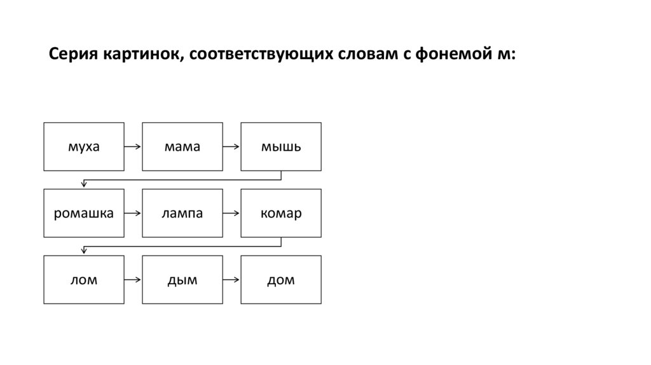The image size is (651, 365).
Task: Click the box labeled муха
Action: pos(84,147)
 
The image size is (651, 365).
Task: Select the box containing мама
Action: pos(182,147)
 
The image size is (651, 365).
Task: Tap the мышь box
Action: pos(281,147)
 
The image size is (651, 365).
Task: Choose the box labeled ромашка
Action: pos(84,213)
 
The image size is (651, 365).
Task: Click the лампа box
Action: pos(182,213)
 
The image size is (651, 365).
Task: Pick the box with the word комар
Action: pos(281,213)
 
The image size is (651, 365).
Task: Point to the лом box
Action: pos(84,279)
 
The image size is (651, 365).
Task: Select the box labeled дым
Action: pos(182,279)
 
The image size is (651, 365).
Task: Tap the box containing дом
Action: pos(281,279)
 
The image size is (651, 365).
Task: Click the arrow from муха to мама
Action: pos(133,147)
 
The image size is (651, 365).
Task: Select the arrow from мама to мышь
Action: pos(231,147)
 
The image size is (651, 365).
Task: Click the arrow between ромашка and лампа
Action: pos(133,213)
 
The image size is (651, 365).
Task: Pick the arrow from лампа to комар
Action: pos(231,213)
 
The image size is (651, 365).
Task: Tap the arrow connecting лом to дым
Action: pos(133,279)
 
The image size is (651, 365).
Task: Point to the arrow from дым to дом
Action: pos(231,279)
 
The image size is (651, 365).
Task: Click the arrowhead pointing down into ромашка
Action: pos(84,185)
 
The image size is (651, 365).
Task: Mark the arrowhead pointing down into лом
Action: pos(84,251)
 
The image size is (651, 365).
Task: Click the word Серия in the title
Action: pos(72,55)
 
